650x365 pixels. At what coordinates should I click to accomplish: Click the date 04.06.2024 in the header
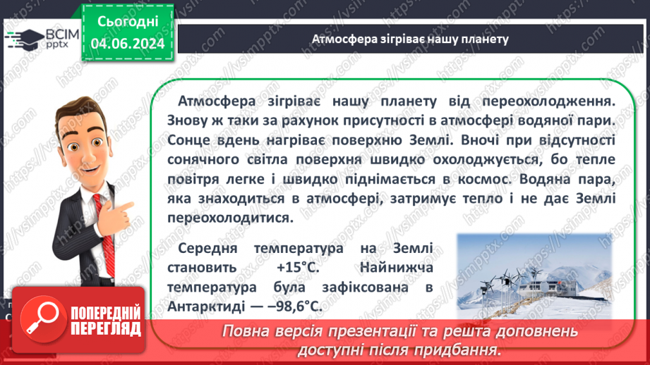(128, 44)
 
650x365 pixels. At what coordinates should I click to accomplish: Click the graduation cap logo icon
(23, 39)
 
